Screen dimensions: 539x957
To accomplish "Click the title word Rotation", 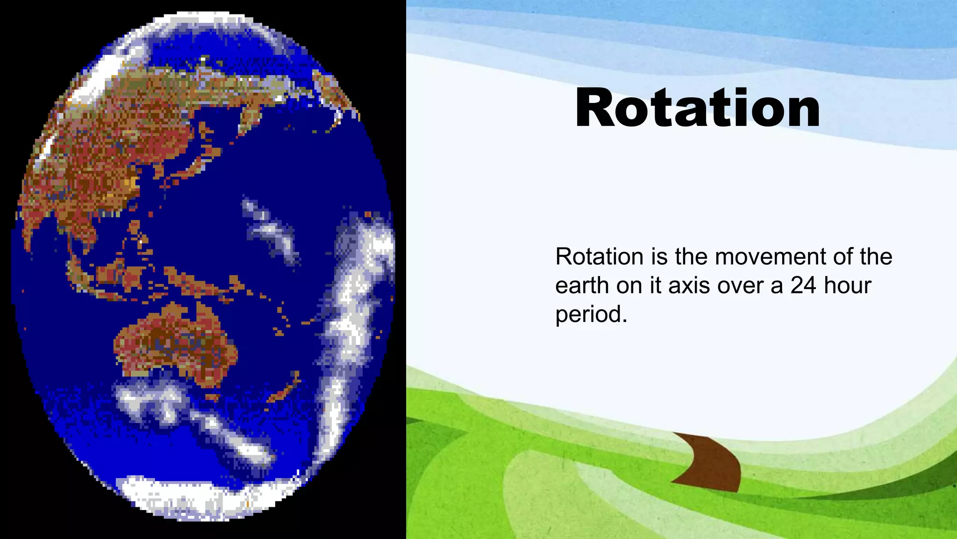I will coord(697,109).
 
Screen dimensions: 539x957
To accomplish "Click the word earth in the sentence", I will coord(582,285).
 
